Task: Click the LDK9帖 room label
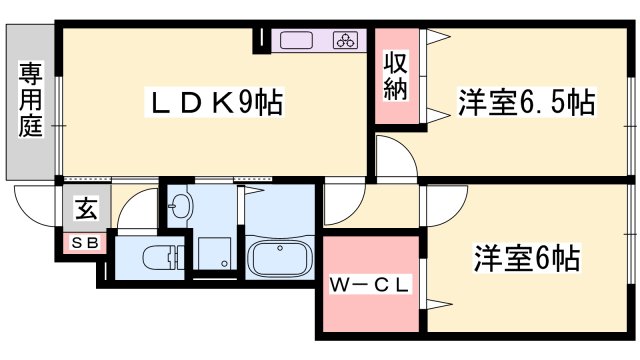pyautogui.click(x=215, y=102)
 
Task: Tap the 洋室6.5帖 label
pyautogui.click(x=527, y=102)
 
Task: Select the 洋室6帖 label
pyautogui.click(x=527, y=258)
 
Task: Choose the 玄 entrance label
pyautogui.click(x=87, y=210)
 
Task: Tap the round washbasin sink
pyautogui.click(x=179, y=209)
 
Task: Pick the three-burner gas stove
pyautogui.click(x=346, y=41)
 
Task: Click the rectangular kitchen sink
pyautogui.click(x=298, y=41)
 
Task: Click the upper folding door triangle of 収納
pyautogui.click(x=436, y=40)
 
